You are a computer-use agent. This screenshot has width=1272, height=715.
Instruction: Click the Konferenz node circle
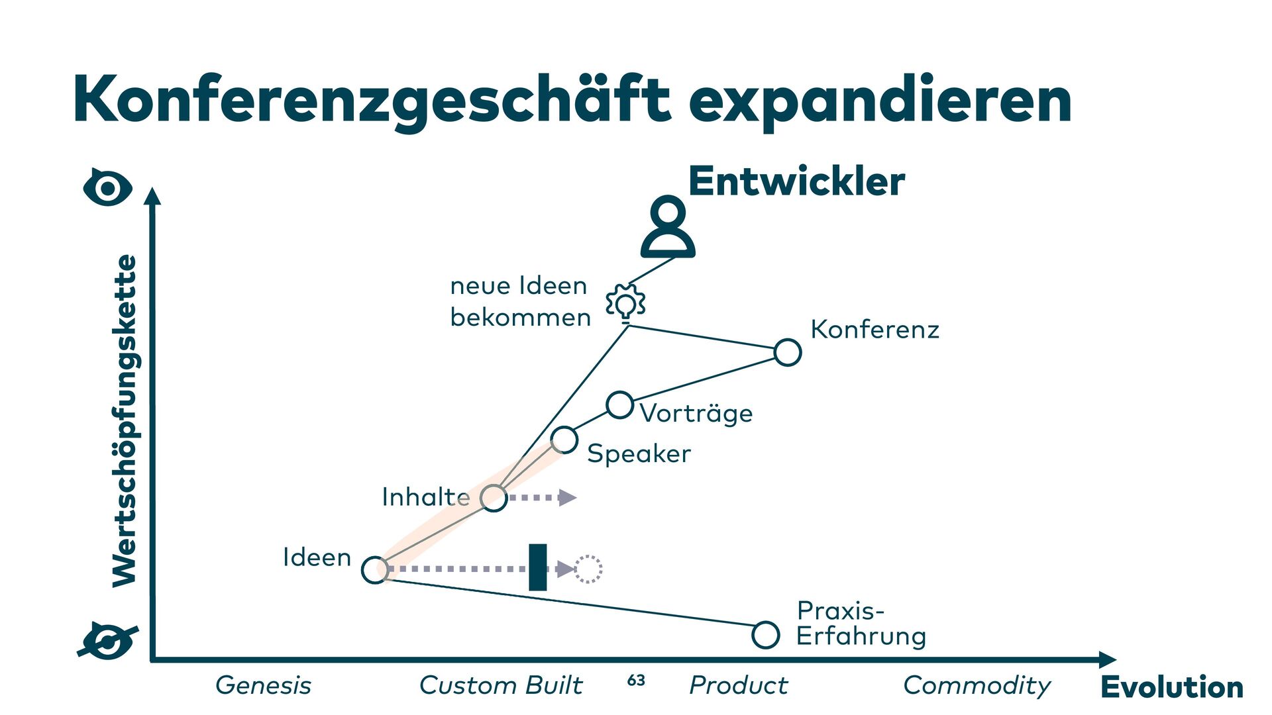click(787, 352)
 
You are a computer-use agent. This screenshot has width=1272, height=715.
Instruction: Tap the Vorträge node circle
click(620, 405)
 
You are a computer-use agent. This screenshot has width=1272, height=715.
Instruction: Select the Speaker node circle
click(564, 439)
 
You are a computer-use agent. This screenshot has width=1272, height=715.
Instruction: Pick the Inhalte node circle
click(494, 497)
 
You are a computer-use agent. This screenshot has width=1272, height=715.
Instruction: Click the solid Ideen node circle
click(375, 569)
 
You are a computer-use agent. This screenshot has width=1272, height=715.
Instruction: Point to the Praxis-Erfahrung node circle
click(765, 635)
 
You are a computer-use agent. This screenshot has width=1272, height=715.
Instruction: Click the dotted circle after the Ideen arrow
click(588, 569)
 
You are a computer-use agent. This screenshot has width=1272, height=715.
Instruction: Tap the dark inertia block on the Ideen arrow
click(538, 567)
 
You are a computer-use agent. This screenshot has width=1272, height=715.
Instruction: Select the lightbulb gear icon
click(625, 303)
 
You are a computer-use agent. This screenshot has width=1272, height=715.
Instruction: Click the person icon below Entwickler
click(668, 226)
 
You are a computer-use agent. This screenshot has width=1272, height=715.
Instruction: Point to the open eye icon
click(108, 188)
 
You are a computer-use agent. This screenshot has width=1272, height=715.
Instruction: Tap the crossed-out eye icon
click(108, 641)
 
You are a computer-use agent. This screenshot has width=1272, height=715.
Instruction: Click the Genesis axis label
click(263, 686)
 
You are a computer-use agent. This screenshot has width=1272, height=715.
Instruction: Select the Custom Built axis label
click(501, 686)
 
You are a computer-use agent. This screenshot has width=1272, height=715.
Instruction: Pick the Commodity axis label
click(977, 686)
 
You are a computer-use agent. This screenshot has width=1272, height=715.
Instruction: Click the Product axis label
click(739, 686)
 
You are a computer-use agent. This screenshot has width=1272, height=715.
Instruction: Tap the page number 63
click(636, 681)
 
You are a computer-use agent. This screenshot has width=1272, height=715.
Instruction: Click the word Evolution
click(1172, 687)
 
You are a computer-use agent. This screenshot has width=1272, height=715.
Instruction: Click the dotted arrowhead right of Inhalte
click(567, 497)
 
